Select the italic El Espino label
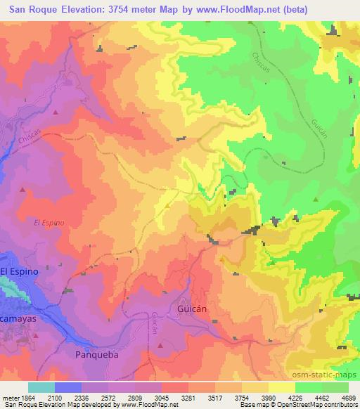pos(49,222)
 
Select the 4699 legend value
pos(348,398)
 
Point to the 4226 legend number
pos(295,398)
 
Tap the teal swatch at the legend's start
pos(41,387)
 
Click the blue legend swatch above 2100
pos(68,387)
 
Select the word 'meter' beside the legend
pos(10,398)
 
